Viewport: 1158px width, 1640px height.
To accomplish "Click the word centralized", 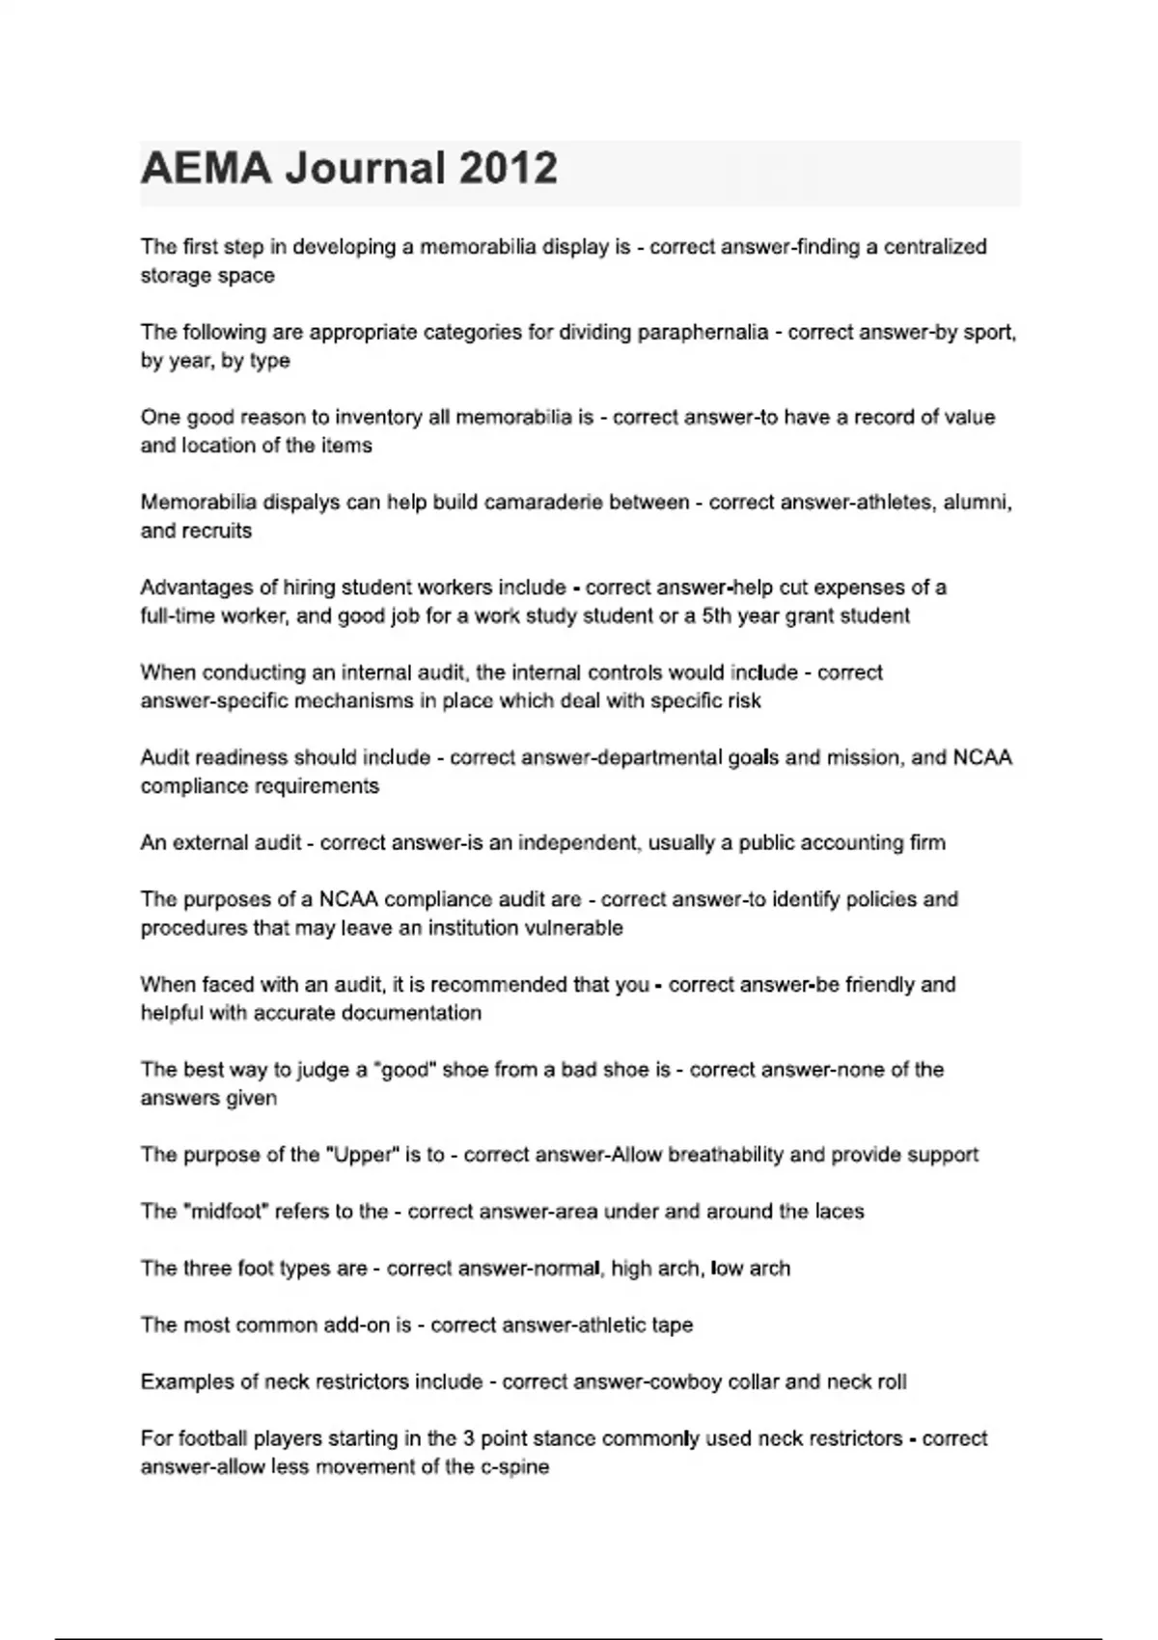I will [935, 247].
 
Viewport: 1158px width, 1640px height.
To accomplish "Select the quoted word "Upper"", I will [362, 1155].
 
